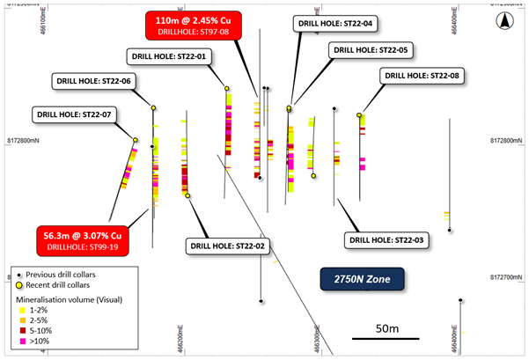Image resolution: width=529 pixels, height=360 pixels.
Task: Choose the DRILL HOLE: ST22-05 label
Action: (x=368, y=51)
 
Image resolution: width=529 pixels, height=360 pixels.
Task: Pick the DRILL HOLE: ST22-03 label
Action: (x=386, y=239)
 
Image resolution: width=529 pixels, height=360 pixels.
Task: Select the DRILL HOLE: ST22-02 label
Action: (x=224, y=246)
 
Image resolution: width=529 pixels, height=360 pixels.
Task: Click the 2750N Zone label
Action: (x=361, y=280)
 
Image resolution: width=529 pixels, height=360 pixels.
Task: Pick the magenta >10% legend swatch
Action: (x=21, y=341)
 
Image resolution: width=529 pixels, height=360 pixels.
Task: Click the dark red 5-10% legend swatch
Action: (x=21, y=331)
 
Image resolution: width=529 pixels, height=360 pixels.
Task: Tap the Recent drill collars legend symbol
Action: (x=20, y=285)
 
